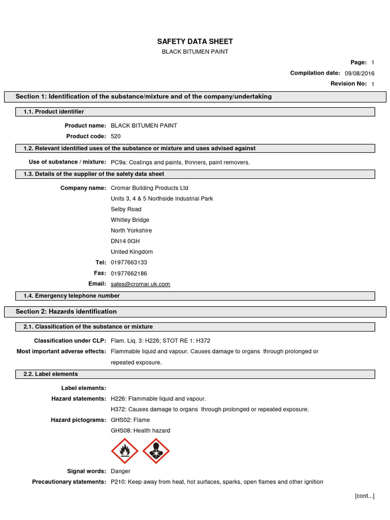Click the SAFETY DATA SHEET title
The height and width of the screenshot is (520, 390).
[x=195, y=42]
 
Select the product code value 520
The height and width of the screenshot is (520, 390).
[x=116, y=136]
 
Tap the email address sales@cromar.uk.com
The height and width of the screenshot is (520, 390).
[x=140, y=284]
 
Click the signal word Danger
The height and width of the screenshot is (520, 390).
[x=120, y=471]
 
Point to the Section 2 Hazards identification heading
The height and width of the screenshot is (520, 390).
[x=66, y=312]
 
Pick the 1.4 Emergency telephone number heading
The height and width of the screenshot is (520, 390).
[x=72, y=296]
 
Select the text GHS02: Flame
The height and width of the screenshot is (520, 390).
[x=130, y=420]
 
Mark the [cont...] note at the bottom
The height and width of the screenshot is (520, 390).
[x=364, y=496]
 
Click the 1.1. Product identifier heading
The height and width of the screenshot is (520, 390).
[x=54, y=112]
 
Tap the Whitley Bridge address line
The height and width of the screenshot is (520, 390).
[x=130, y=220]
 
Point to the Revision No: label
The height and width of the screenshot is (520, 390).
[x=348, y=84]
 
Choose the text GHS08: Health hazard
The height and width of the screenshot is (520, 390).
[x=140, y=431]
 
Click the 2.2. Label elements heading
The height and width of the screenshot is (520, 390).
[x=51, y=374]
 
